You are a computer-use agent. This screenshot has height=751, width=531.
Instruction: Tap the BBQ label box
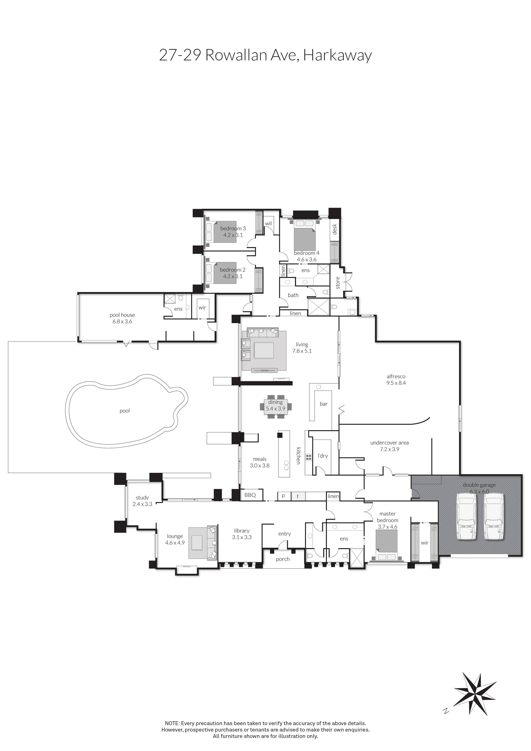[250, 495]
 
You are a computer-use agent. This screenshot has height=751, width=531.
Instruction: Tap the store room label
[338, 283]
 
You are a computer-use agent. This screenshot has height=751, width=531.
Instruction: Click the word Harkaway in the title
[338, 55]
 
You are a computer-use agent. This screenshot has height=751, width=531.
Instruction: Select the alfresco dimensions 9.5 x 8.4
[396, 383]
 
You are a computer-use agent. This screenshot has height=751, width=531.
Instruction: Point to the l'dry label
[323, 456]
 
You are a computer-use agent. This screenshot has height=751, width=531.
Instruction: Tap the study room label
[142, 498]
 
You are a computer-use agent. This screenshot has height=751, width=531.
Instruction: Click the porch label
[283, 559]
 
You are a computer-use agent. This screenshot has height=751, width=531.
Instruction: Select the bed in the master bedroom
[387, 545]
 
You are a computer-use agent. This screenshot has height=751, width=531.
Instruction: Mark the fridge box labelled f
[297, 496]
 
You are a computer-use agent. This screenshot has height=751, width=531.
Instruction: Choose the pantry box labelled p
[283, 496]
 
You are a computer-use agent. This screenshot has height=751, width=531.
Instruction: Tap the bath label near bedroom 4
[293, 295]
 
